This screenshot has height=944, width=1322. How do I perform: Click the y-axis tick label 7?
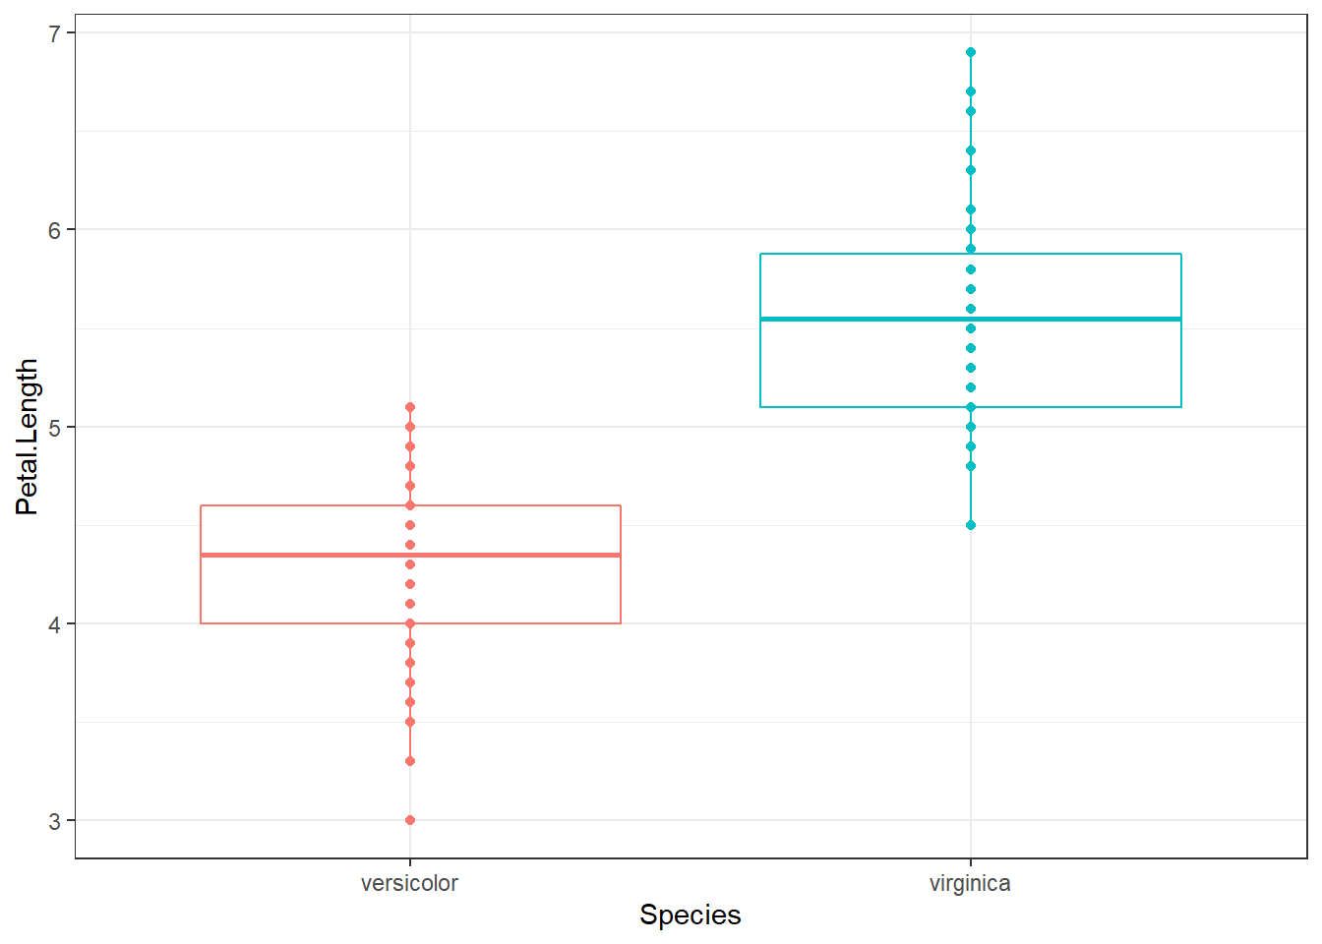pos(55,33)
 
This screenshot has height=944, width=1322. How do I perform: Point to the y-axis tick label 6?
pos(55,230)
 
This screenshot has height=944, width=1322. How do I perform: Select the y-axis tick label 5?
pos(55,427)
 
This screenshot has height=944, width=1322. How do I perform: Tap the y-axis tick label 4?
pos(55,624)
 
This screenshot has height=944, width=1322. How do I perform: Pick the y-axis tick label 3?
pos(55,821)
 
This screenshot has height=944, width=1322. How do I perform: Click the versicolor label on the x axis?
pos(409,883)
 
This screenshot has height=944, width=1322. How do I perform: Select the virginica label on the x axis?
pos(970,883)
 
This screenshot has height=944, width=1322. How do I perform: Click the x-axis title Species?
pos(690,914)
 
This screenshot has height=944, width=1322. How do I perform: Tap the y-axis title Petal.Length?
pos(27,437)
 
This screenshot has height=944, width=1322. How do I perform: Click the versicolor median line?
pos(295,555)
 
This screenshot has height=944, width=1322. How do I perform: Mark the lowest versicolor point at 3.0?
pos(410,820)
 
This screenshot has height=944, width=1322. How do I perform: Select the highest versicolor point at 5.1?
pos(410,407)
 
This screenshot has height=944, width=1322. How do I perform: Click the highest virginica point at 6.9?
pos(971,52)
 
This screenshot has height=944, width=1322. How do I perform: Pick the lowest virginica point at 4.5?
pos(971,525)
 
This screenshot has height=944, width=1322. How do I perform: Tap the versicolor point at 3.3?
pos(410,761)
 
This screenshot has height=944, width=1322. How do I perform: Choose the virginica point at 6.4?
pos(971,150)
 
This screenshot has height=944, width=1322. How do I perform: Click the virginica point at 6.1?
pos(971,209)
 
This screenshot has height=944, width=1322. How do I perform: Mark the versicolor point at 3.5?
pos(410,722)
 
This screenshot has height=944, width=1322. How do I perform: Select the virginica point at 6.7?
pos(971,91)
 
